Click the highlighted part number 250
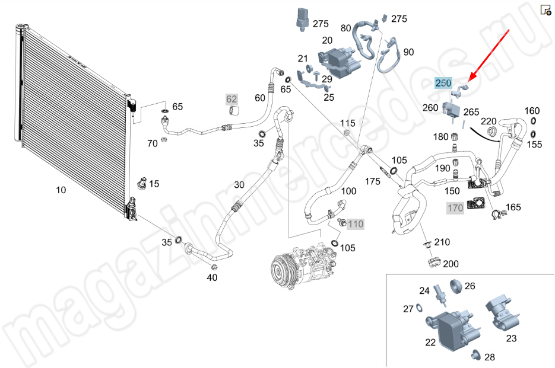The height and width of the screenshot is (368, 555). [x=443, y=83]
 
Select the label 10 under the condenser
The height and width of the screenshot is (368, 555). [x=61, y=190]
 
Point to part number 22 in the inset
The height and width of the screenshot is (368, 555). [x=430, y=342]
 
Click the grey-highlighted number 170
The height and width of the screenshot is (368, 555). [x=455, y=208]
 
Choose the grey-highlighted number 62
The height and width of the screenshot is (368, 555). [x=231, y=99]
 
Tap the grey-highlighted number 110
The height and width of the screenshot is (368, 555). [x=355, y=224]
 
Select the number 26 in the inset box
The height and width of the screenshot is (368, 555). [x=470, y=286]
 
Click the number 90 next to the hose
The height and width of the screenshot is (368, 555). [x=408, y=52]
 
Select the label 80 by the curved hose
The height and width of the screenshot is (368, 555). [x=345, y=28]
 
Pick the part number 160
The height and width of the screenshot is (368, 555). [x=532, y=111]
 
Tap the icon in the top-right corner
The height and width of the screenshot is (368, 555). [x=546, y=10]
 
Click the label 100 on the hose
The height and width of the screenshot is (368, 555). [x=348, y=191]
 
